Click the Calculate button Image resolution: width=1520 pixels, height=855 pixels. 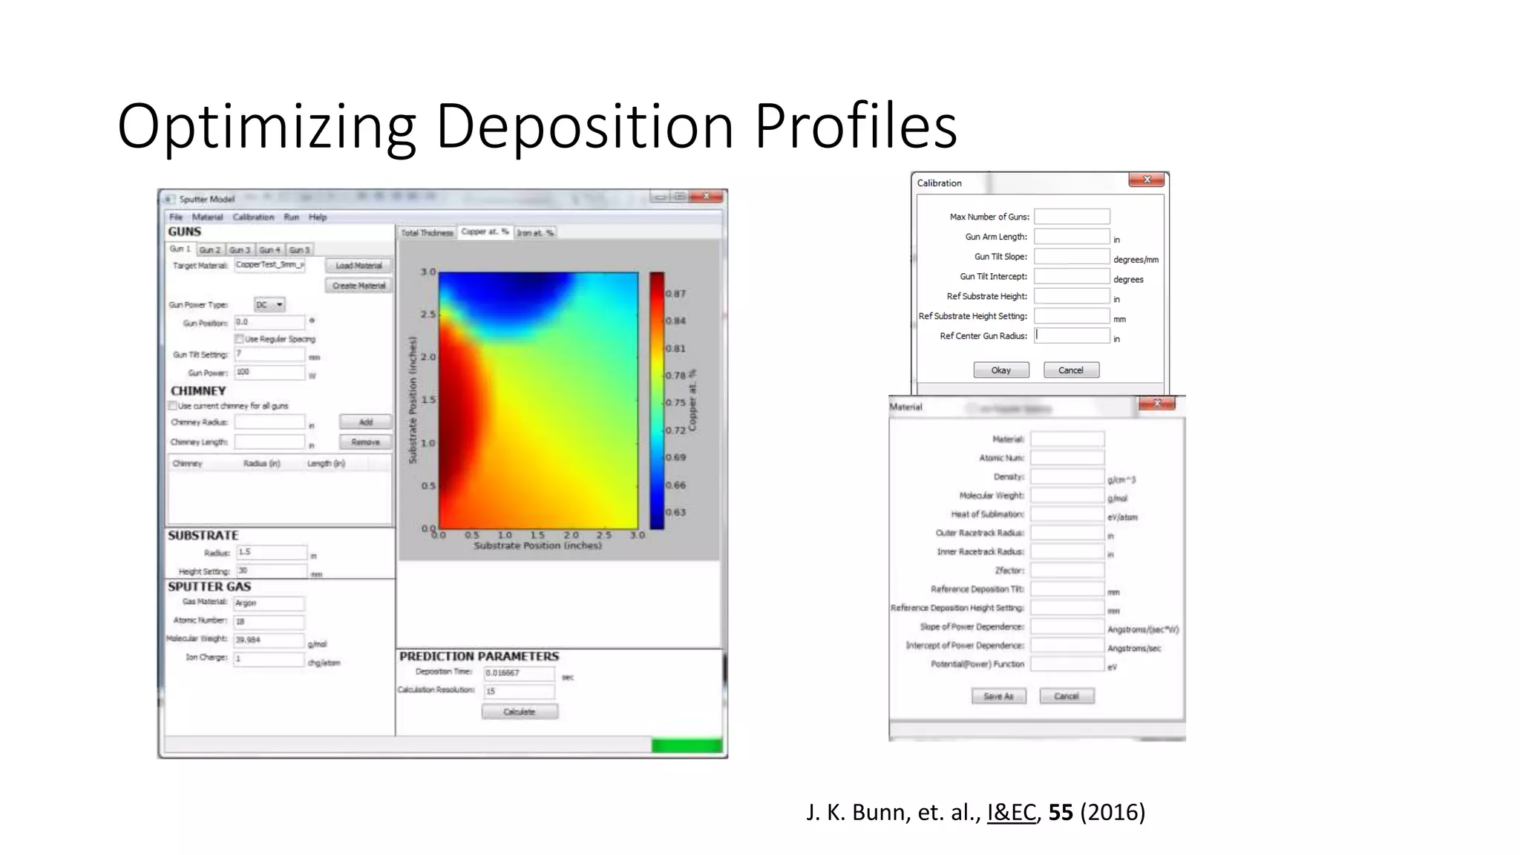[520, 712]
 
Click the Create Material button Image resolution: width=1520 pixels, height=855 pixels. [358, 286]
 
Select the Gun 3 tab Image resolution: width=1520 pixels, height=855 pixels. [240, 250]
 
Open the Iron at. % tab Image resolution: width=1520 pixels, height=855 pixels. [535, 233]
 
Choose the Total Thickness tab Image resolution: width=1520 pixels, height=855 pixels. [427, 233]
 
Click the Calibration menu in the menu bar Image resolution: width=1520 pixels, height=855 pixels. [253, 217]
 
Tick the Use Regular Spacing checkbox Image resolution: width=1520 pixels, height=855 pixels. [240, 339]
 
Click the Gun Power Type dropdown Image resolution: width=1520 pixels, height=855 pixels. [269, 305]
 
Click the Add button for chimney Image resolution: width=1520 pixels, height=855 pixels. [365, 422]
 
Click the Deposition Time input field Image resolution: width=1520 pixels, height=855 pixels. [519, 673]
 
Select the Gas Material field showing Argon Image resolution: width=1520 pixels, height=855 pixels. [269, 603]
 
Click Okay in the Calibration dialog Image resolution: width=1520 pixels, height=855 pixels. [1000, 370]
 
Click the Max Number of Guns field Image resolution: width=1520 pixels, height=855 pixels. [1072, 217]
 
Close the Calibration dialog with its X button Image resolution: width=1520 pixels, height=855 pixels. [1147, 180]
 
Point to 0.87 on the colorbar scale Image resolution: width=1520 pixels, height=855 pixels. [675, 294]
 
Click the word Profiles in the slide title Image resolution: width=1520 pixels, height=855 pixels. [856, 126]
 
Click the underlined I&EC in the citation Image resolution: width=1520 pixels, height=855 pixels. [1011, 813]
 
